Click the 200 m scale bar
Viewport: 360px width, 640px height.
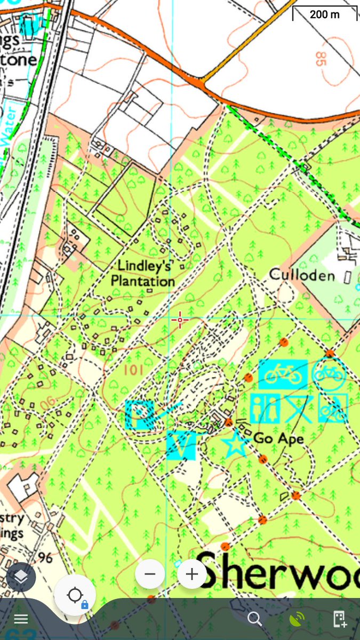click(x=324, y=14)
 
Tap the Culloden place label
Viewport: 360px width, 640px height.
click(x=302, y=275)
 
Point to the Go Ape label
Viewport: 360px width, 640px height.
click(x=278, y=439)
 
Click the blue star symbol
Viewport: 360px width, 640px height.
click(x=234, y=444)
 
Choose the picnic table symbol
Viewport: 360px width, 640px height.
click(x=299, y=409)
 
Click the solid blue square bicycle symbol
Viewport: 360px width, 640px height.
click(x=283, y=374)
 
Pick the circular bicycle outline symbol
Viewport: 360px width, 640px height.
click(x=329, y=374)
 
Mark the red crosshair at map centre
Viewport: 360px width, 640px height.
click(x=180, y=320)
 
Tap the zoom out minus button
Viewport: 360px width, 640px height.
click(x=150, y=574)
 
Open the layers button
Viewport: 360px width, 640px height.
click(x=21, y=577)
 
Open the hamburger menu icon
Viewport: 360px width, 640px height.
click(x=21, y=619)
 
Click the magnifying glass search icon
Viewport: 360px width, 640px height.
click(x=255, y=619)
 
